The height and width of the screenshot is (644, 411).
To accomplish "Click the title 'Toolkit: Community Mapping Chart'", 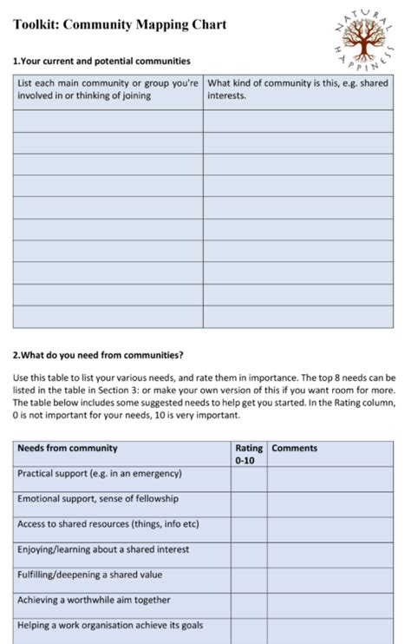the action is coord(120,24).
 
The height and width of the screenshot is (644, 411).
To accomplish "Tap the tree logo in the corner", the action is coord(363,37).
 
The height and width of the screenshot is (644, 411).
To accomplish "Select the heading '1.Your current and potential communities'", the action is coord(101,62).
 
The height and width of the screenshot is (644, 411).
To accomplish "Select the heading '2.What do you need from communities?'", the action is coord(98,355).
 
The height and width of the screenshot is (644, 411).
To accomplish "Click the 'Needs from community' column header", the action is coord(68,449).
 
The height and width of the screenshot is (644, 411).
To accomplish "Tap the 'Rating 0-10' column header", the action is coord(249,454).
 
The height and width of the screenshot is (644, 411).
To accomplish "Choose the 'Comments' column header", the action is coord(295,449).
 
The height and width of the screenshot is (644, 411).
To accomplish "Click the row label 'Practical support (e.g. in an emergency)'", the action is coord(100,474).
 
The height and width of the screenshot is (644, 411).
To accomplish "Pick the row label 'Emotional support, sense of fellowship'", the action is coord(98,499).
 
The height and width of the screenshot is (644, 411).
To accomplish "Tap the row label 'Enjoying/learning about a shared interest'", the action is coord(103,549).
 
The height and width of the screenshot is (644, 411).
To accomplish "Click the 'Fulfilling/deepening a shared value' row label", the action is coord(90,575).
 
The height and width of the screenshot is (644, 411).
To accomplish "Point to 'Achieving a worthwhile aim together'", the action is coord(94,600).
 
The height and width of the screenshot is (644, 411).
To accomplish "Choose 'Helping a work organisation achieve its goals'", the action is coord(110,625).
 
